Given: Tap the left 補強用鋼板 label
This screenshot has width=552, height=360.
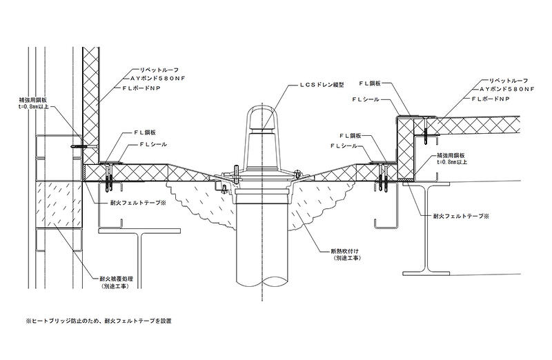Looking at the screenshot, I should pos(33,101).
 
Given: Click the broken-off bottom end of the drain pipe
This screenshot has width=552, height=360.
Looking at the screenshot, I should pos(263,283).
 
